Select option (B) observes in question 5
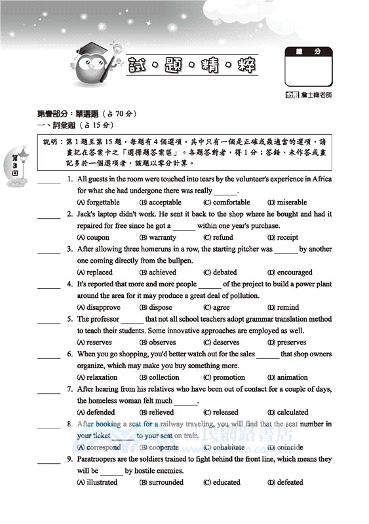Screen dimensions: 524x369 pos(157,343)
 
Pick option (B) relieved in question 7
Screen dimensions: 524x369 pos(157,413)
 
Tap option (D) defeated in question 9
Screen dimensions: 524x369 pos(285,483)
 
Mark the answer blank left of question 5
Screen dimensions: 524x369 pos(49,321)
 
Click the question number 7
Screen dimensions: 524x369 pos(69,389)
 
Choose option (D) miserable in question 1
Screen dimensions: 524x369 pos(287,202)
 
